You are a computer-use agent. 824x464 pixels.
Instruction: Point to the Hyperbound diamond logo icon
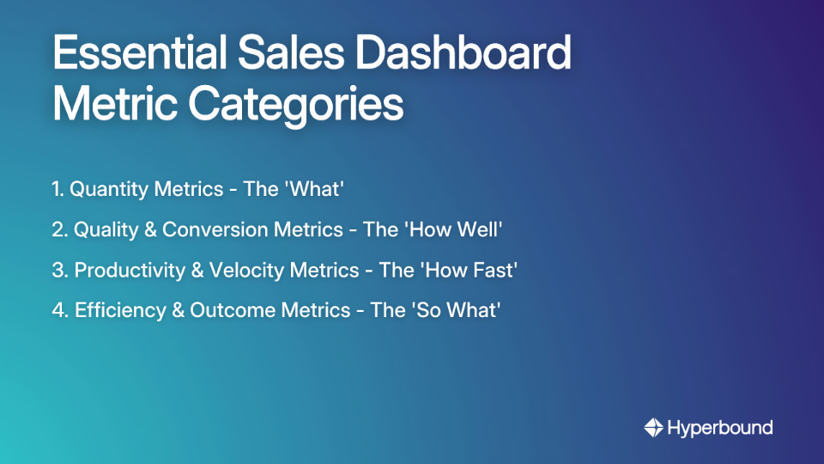tap(653, 427)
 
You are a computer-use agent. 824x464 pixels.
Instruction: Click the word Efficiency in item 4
tap(121, 310)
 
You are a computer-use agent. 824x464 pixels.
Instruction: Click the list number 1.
tap(57, 189)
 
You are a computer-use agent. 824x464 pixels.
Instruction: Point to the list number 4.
tap(58, 310)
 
